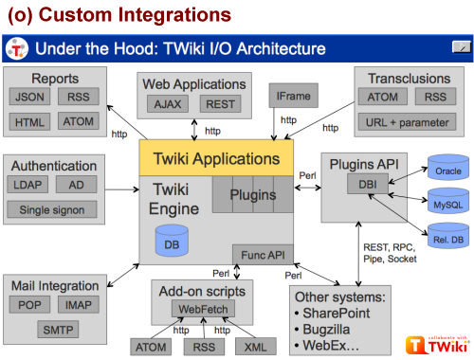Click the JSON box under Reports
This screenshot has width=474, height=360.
pos(29,97)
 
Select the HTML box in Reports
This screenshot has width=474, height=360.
pos(29,121)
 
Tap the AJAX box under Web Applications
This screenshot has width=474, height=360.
pos(168,103)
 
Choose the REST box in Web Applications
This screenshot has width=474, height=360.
pos(220,103)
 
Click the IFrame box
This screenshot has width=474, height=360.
pos(294,96)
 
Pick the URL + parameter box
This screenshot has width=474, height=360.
pos(408,122)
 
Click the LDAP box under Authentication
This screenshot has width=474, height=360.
pos(27,185)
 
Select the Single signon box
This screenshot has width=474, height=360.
pos(52,209)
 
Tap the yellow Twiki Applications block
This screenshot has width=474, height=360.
pos(216,158)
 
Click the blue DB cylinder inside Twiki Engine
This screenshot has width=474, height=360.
pos(172,241)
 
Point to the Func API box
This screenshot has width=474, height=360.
pos(263,255)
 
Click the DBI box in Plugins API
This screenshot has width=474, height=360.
pos(368,184)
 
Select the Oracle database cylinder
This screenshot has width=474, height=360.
pos(448,168)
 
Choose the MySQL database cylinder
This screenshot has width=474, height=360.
pos(448,201)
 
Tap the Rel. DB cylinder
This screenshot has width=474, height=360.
pos(448,236)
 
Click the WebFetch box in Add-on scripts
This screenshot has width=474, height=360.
pos(203,309)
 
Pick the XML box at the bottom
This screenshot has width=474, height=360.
pos(256,347)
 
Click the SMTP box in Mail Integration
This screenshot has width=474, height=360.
pos(58,330)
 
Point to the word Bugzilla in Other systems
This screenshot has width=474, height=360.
pos(326,330)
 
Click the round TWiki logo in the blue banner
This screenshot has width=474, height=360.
pos(17,48)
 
